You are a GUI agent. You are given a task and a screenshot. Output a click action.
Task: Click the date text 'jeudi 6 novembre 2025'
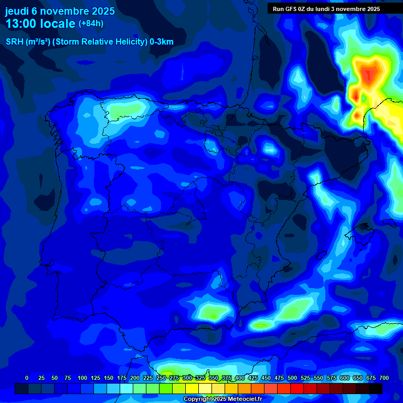pyautogui.click(x=59, y=10)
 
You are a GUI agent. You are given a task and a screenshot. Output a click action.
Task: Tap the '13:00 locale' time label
pyautogui.click(x=40, y=24)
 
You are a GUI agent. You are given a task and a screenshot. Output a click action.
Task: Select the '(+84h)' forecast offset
pyautogui.click(x=91, y=24)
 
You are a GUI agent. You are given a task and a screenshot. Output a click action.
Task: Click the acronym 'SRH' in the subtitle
pyautogui.click(x=15, y=42)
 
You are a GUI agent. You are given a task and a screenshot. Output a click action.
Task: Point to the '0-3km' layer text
pyautogui.click(x=162, y=42)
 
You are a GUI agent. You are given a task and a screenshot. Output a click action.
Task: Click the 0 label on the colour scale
pyautogui.click(x=27, y=378)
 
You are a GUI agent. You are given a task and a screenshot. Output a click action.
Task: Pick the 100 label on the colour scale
pyautogui.click(x=82, y=378)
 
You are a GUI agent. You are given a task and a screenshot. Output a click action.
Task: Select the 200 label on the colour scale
pyautogui.click(x=135, y=378)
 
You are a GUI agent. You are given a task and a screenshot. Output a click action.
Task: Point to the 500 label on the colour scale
pyautogui.click(x=292, y=378)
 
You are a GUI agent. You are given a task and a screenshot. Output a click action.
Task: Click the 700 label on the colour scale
pyautogui.click(x=384, y=378)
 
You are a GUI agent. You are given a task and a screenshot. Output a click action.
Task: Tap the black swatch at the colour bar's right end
pyautogui.click(x=376, y=388)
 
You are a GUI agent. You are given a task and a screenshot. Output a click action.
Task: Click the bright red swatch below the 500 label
pyautogui.click(x=297, y=388)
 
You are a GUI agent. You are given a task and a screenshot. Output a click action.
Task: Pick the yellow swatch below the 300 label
pyautogui.click(x=192, y=388)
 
